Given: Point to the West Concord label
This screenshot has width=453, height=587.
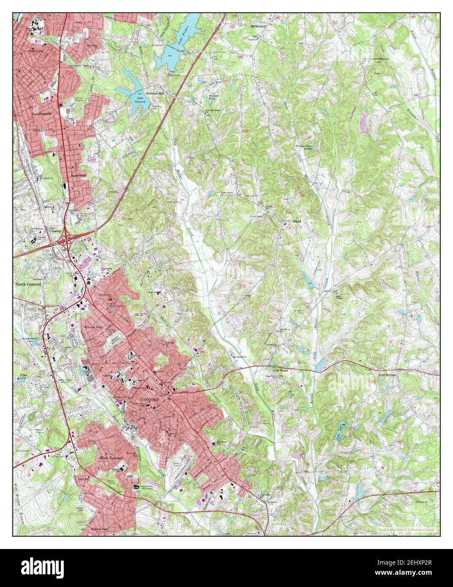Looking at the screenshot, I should (x=111, y=458).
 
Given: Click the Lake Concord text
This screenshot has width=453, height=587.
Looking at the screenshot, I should (x=140, y=99).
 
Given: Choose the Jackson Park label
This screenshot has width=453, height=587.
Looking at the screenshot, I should (x=100, y=528).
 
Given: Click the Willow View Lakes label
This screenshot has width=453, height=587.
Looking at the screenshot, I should (x=306, y=148).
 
